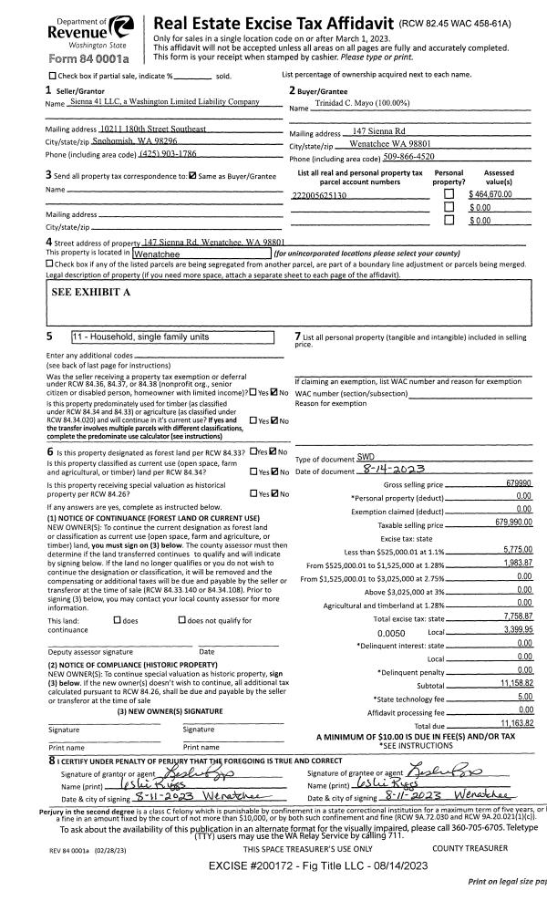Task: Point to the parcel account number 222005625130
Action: (x=319, y=196)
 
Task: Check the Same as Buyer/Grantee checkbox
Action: (x=192, y=175)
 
